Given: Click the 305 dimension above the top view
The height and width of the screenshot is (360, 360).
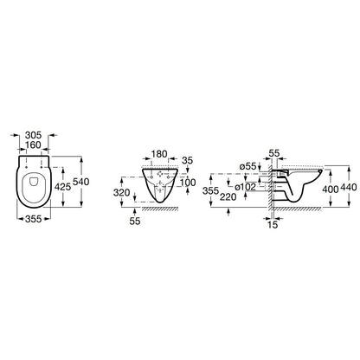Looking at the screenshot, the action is coord(33,135).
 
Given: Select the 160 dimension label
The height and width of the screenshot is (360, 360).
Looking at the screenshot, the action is coord(33,145).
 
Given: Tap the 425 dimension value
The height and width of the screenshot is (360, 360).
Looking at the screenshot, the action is coord(62,187).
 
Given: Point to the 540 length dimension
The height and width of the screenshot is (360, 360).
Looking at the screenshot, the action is coord(81,182).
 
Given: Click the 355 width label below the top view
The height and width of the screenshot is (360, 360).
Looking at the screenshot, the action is coord(34,219).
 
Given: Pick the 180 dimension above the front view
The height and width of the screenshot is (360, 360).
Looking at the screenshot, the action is coord(159,154).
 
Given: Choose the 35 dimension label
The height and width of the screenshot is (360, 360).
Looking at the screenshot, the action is coord(188,160).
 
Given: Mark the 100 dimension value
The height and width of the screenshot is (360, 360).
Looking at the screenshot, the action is coord(188,183).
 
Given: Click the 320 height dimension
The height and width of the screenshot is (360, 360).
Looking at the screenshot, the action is coord(121,192).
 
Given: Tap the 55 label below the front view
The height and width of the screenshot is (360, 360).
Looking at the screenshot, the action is coord(135,222).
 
